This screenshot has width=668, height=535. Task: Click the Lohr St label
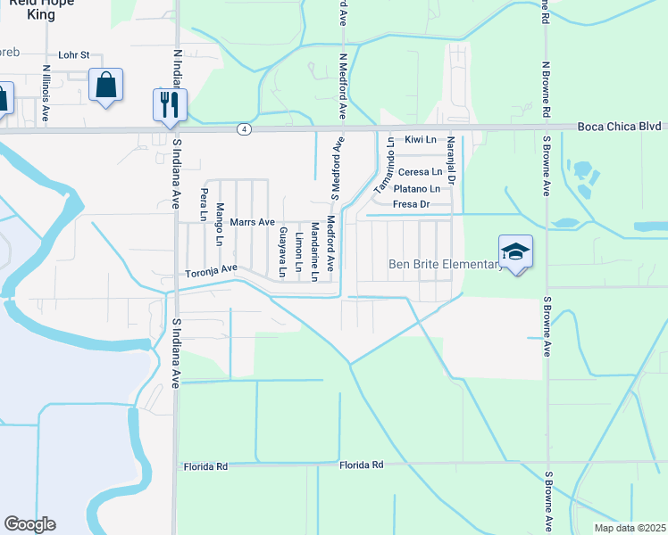coord(74,54)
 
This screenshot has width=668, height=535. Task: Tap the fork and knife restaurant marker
coord(167,105)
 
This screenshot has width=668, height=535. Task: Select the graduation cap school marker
coord(516,252)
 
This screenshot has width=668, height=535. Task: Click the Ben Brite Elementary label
coord(447,264)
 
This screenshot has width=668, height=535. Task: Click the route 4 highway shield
coord(244,129)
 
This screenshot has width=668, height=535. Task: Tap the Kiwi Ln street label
coord(419,140)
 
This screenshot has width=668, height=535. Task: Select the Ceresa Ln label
coord(420,172)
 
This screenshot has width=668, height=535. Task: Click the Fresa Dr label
coord(413,204)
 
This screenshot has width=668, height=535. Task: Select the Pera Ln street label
coord(205,205)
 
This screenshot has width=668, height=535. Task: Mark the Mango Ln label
coord(219,224)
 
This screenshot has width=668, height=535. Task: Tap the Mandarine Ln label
coord(314,252)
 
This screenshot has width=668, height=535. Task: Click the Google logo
coord(29,524)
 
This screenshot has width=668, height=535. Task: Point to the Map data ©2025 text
coord(629,528)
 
